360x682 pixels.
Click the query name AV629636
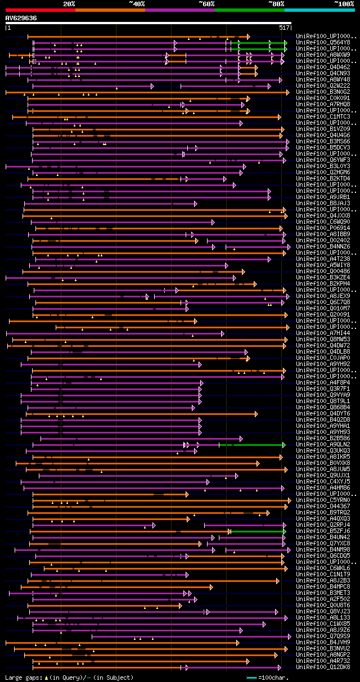21,18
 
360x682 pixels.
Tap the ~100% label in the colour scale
344,3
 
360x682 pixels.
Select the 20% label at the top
69,3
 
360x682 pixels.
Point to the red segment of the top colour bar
40,10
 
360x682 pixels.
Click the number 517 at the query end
284,27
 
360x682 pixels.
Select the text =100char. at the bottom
276,678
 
